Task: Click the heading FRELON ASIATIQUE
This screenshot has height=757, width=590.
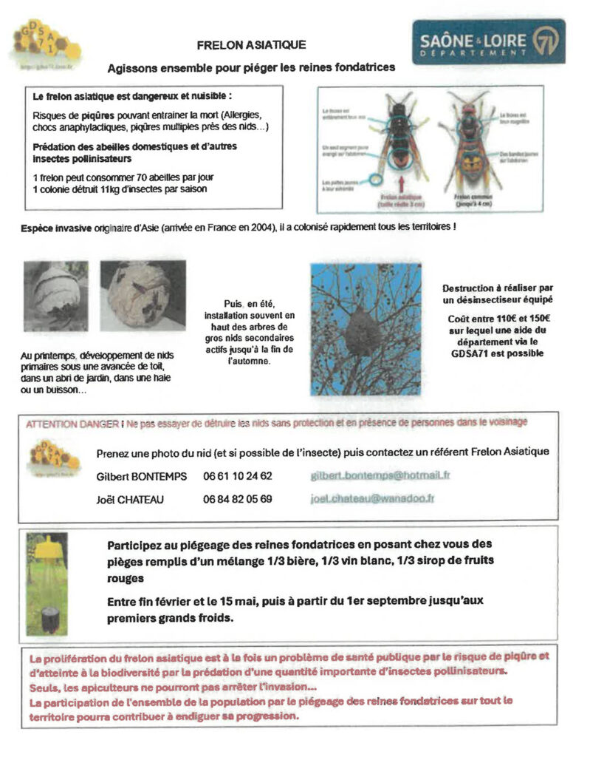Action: (x=251, y=45)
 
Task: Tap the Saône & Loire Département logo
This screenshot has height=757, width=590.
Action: (x=488, y=41)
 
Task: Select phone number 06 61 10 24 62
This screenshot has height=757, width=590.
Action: (x=237, y=476)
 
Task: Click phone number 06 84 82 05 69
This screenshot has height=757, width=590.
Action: (x=237, y=499)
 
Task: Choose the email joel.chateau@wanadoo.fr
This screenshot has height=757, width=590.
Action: (x=371, y=499)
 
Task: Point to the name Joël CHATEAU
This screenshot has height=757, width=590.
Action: (x=131, y=499)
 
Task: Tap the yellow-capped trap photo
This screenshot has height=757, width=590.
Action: (x=47, y=583)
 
